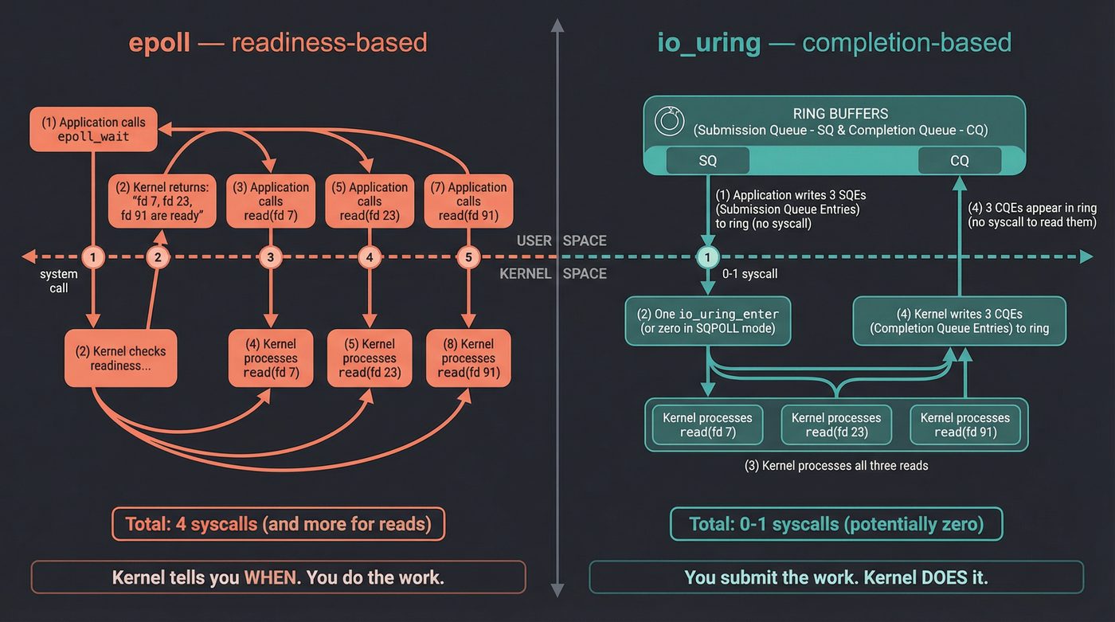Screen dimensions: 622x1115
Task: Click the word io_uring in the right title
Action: pos(708,42)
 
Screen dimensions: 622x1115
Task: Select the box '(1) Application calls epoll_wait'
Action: pos(93,129)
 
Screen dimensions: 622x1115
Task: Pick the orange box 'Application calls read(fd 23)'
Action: pos(369,201)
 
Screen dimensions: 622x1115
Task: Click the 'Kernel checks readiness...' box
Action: pos(120,358)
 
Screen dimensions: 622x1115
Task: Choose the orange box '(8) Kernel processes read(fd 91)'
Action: pos(468,358)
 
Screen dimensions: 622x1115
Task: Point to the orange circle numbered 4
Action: pos(369,257)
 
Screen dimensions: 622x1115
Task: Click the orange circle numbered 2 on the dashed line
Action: pos(158,257)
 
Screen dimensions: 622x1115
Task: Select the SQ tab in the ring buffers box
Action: pos(707,160)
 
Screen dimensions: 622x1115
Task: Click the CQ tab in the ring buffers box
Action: pos(959,160)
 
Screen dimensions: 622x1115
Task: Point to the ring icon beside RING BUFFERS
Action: pos(669,121)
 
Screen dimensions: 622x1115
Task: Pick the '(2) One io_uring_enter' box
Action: pos(707,321)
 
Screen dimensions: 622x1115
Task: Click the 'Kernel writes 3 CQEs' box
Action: pos(959,321)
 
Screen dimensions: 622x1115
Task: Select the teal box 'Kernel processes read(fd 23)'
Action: pos(836,424)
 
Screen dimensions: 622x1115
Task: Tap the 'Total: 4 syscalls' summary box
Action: pos(278,524)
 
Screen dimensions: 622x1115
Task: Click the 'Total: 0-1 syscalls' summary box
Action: pos(836,524)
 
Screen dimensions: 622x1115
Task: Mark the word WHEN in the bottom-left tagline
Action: pos(270,577)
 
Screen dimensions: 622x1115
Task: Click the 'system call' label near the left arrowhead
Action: pos(59,281)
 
